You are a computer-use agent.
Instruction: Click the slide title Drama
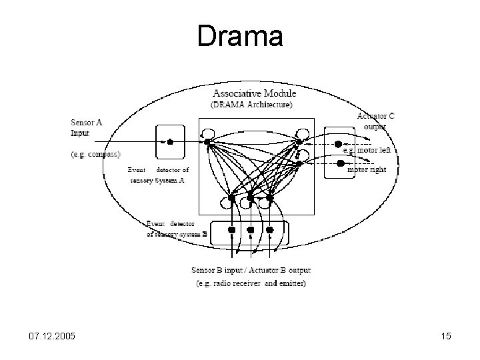(240, 37)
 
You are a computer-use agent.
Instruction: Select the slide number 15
(445, 337)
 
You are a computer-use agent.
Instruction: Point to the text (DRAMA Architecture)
(251, 104)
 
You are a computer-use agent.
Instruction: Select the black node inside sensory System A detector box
(170, 141)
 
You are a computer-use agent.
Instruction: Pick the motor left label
(366, 150)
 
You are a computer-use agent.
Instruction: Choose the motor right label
(367, 169)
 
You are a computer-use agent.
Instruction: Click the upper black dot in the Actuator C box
(338, 144)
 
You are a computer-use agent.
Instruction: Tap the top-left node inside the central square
(207, 141)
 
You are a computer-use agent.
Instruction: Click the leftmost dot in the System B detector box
(231, 230)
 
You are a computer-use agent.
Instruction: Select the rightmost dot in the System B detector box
(270, 230)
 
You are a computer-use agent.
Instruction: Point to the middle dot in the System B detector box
(251, 230)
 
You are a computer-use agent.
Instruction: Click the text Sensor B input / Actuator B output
(251, 271)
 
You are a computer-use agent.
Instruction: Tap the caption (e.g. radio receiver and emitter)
(251, 284)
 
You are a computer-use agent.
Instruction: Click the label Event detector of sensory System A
(159, 175)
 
